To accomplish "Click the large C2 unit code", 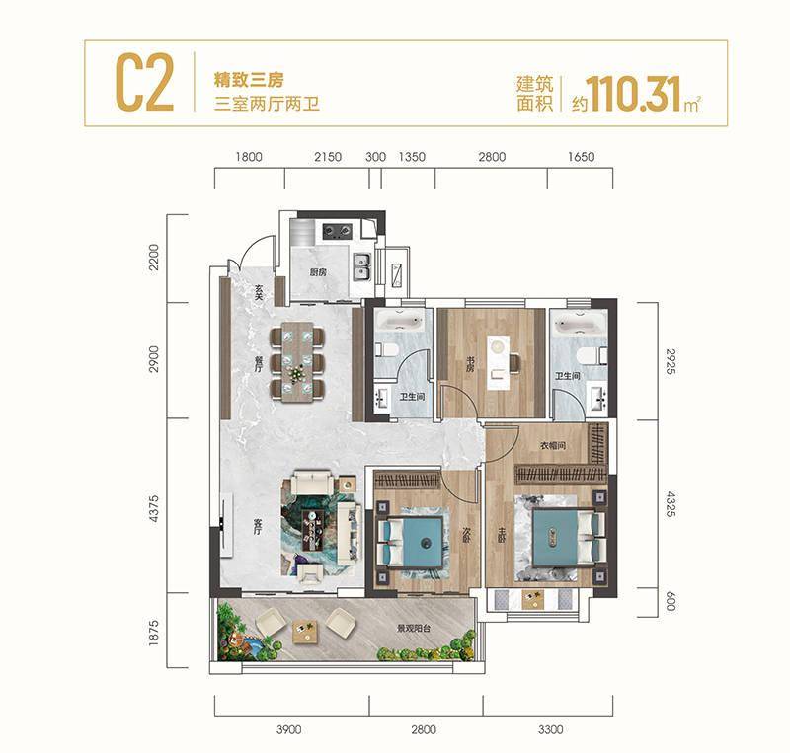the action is tap(144, 83).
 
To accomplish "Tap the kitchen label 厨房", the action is tap(318, 272).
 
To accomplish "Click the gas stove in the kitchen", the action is tap(338, 231).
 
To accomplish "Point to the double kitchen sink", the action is tap(362, 266).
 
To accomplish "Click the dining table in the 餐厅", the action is tap(297, 361).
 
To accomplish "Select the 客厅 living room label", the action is tap(258, 525).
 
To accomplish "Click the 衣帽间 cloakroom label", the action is tap(553, 445).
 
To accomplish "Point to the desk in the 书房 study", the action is tap(498, 363).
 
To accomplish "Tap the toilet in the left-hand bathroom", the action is tap(389, 349).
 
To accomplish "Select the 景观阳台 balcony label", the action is tap(413, 628).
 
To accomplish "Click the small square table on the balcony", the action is tap(305, 630).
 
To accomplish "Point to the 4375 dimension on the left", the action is tap(153, 508).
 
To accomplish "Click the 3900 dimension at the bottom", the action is tap(289, 730).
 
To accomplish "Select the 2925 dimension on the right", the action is tap(670, 361).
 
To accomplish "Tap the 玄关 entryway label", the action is tap(259, 292).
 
